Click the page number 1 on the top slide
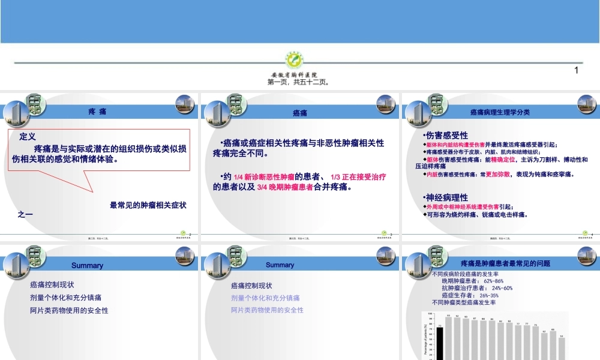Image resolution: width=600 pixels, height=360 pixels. [576, 70]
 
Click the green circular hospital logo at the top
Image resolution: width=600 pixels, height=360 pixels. [294, 61]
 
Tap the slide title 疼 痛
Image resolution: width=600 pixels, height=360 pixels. [97, 112]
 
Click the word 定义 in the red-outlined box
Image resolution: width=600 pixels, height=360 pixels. [28, 137]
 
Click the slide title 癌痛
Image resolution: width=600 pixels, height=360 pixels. [300, 113]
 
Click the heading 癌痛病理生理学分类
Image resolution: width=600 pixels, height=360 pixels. [499, 112]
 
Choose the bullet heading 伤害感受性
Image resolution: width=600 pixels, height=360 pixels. [446, 135]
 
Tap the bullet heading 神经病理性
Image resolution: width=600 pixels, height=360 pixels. [446, 197]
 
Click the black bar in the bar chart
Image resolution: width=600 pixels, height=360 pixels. [440, 342]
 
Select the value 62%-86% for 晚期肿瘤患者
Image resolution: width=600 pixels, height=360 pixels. [493, 281]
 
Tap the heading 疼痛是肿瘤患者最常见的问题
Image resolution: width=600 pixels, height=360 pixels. [505, 263]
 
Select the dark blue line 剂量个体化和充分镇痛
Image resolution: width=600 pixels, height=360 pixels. [65, 298]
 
